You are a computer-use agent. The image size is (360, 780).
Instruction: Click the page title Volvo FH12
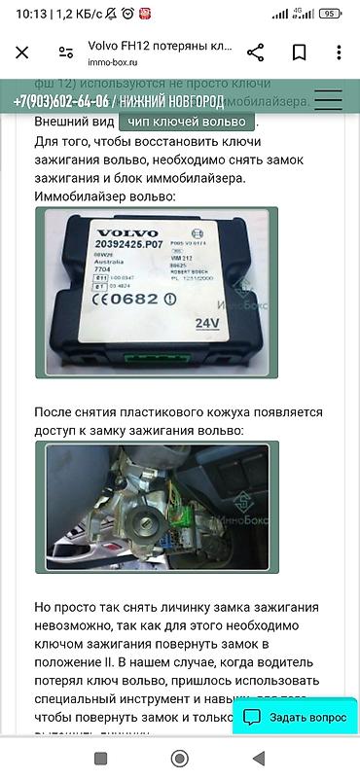tap(161, 45)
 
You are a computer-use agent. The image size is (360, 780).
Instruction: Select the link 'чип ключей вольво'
tap(187, 123)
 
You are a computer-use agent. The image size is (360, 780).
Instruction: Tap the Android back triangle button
tap(258, 758)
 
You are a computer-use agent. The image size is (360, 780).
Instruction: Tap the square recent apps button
tap(100, 758)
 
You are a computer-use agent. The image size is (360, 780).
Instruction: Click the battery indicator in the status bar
tap(330, 14)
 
